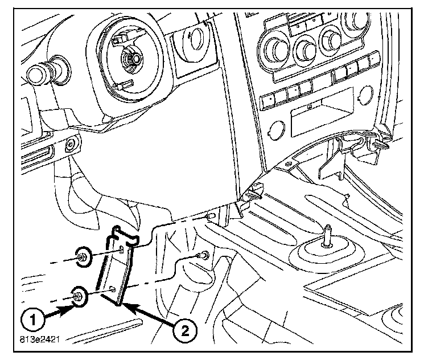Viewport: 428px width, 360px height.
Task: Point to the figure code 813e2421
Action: click(x=39, y=342)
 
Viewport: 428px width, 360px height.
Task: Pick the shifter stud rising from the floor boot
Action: click(x=328, y=235)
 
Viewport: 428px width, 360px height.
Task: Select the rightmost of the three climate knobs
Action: click(x=330, y=38)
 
